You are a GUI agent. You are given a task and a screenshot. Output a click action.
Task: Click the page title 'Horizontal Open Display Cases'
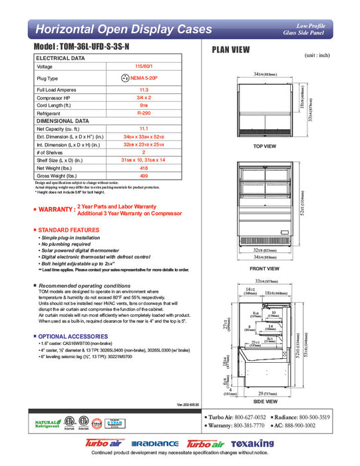tap(123, 29)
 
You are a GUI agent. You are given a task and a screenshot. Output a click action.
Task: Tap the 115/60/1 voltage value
tap(143, 67)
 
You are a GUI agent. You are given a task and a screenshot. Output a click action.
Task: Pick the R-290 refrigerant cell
tap(143, 114)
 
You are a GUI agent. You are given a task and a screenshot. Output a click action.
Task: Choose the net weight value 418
tap(143, 168)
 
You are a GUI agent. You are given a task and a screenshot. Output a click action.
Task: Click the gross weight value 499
tap(143, 176)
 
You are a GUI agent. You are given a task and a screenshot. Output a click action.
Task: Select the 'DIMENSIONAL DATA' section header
tap(63, 121)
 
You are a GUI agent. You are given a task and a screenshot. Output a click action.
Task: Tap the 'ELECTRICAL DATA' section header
tap(61, 59)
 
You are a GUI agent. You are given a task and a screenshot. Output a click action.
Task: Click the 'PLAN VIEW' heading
tap(231, 49)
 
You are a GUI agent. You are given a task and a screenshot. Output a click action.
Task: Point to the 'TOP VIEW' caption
tap(265, 146)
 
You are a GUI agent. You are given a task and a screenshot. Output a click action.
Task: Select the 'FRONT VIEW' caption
tap(265, 269)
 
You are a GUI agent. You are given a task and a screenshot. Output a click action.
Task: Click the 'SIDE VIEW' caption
tap(265, 402)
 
